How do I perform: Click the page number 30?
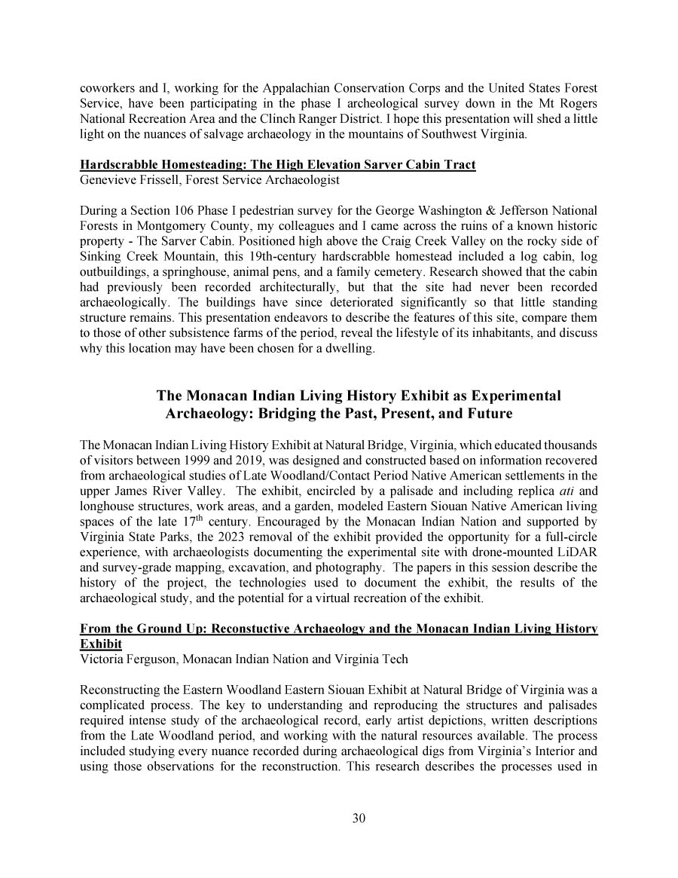[x=359, y=819]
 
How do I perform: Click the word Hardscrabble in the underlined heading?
[x=118, y=165]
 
